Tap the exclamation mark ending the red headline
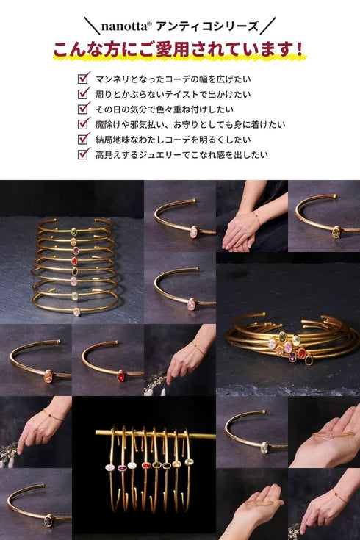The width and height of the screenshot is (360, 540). tap(299, 50)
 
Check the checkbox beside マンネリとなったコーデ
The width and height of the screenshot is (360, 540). tap(83, 78)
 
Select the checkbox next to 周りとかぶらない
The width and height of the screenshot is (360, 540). tap(83, 93)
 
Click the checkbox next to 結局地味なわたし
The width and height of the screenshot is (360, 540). tap(83, 139)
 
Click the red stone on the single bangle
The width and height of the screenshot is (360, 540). tap(120, 375)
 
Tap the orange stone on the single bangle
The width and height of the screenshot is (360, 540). tap(48, 375)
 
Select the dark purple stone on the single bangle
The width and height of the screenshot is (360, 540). tap(49, 520)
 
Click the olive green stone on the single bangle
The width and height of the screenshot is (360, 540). tap(336, 232)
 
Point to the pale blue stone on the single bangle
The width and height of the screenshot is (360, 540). tap(264, 447)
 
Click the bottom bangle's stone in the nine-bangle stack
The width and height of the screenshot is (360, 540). tap(76, 311)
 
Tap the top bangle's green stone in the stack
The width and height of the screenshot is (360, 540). tap(74, 231)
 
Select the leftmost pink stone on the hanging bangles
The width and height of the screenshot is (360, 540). tap(111, 467)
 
